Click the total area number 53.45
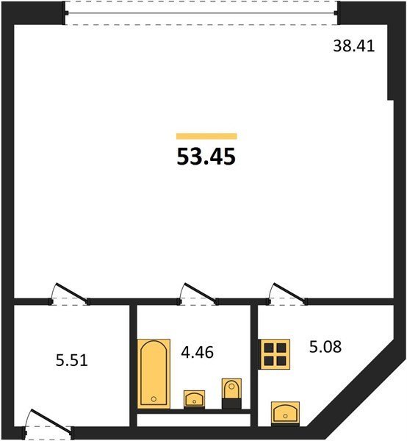pos(206,157)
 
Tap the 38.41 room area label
pos(354,46)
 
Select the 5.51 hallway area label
pos(72,360)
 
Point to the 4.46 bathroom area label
pos(198,352)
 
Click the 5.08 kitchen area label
pos(325,347)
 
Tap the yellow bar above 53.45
pos(206,136)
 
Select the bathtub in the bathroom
pos(154,374)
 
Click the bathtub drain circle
pos(154,399)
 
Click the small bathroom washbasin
pos(194,399)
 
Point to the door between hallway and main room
pos(70,294)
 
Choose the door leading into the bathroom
pos(198,294)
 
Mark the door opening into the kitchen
pos(287,294)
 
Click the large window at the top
pos(201,13)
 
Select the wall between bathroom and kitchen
pos(254,365)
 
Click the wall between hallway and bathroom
pos(133,365)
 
